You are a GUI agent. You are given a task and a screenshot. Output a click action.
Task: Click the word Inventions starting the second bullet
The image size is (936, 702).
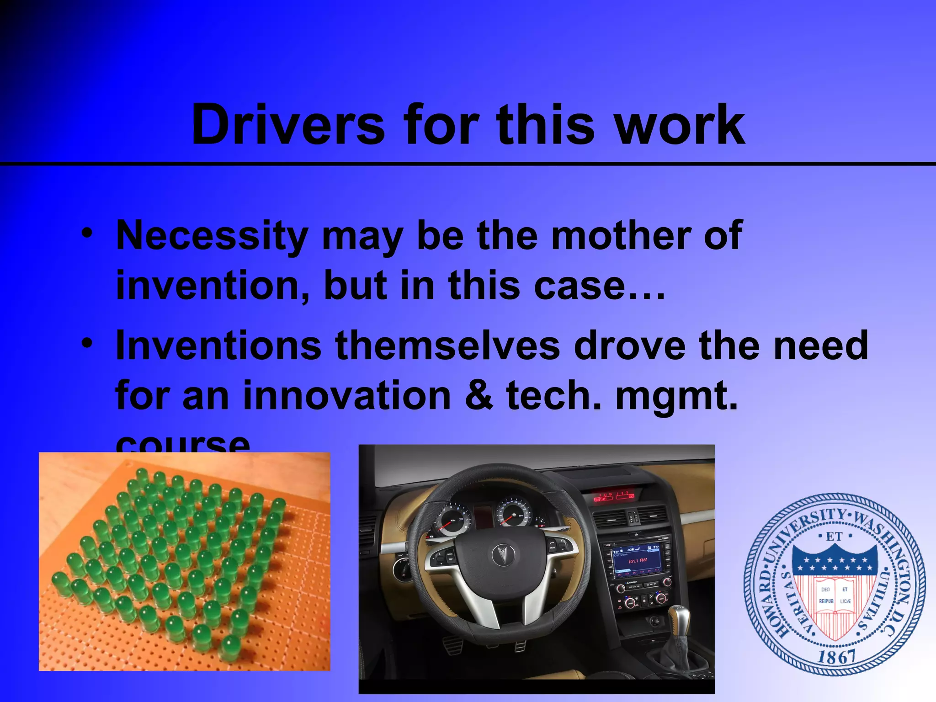219,346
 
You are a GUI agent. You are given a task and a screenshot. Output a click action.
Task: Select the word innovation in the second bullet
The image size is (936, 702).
347,395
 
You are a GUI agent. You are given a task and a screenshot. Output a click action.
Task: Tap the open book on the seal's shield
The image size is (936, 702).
835,596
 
